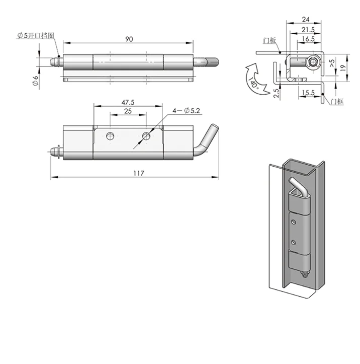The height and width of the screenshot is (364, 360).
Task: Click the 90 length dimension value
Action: click(x=129, y=39)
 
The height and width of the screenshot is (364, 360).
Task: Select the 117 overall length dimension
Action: click(x=139, y=173)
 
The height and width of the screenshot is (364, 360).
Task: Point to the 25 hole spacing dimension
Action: click(x=128, y=110)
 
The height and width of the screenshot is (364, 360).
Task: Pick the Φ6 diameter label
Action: click(x=35, y=81)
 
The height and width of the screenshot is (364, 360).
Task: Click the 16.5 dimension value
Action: click(x=309, y=39)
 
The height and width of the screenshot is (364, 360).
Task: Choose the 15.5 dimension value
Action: click(x=309, y=93)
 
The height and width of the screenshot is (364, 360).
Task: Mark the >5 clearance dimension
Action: click(x=331, y=63)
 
